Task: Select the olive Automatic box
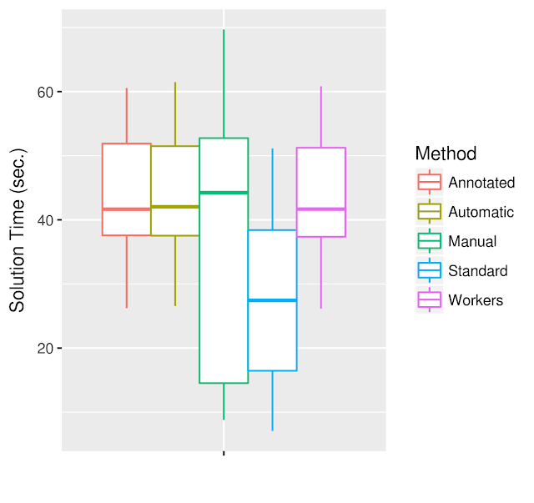174,179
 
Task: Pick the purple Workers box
321,179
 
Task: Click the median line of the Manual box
224,193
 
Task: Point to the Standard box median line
272,300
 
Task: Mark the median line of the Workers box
321,209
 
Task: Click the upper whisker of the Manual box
224,83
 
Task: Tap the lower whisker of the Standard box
272,400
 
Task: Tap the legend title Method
446,153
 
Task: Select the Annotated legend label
481,183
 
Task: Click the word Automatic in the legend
481,212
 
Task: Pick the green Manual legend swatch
430,241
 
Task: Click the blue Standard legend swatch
430,270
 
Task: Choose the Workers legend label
476,300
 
